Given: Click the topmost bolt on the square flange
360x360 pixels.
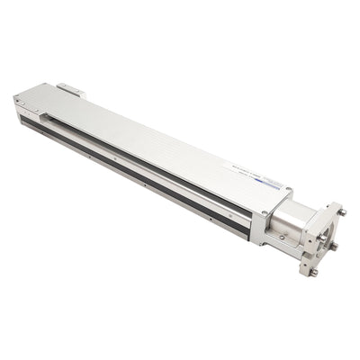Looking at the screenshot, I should click(x=341, y=212).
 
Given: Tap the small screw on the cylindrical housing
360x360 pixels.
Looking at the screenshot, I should click(x=282, y=238).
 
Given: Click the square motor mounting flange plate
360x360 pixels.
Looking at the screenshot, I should click(x=322, y=238).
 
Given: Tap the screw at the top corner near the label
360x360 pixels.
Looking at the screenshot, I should click(x=288, y=189).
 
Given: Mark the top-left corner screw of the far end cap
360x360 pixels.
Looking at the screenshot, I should click(x=18, y=101).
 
